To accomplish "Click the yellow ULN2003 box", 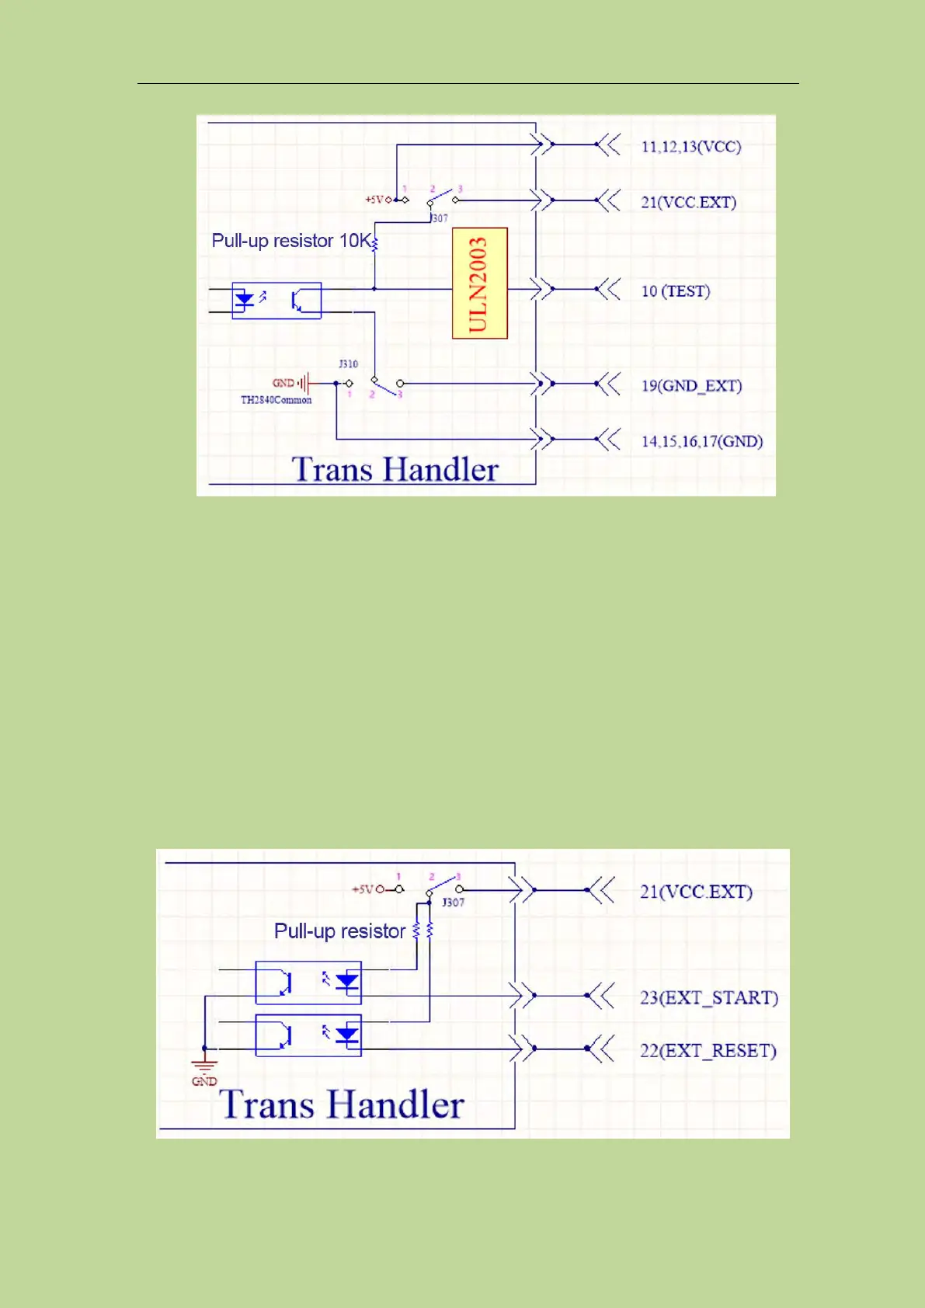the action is tap(479, 283).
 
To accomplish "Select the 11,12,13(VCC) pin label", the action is tap(690, 147).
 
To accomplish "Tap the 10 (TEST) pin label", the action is tap(675, 291).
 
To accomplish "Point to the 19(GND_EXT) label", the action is tap(691, 386).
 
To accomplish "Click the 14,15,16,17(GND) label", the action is tap(701, 442).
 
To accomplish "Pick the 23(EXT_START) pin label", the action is tap(708, 997).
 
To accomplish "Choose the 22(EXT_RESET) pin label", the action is tap(708, 1051).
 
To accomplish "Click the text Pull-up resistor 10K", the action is tap(291, 241).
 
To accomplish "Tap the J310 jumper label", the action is tap(348, 364).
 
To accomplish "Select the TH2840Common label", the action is tap(276, 400).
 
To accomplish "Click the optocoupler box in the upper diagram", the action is tap(276, 301).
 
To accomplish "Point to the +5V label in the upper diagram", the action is tap(375, 200).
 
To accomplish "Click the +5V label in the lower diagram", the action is tap(363, 889).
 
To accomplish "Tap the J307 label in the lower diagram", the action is tap(453, 903).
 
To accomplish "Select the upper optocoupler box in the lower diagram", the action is tap(308, 983).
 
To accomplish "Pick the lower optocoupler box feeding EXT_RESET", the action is tap(308, 1035).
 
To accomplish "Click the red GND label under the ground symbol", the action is tap(204, 1081).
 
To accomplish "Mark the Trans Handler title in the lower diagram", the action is tap(342, 1104).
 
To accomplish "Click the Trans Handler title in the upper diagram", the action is tap(395, 469).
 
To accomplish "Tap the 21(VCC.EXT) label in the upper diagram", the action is tap(688, 203).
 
